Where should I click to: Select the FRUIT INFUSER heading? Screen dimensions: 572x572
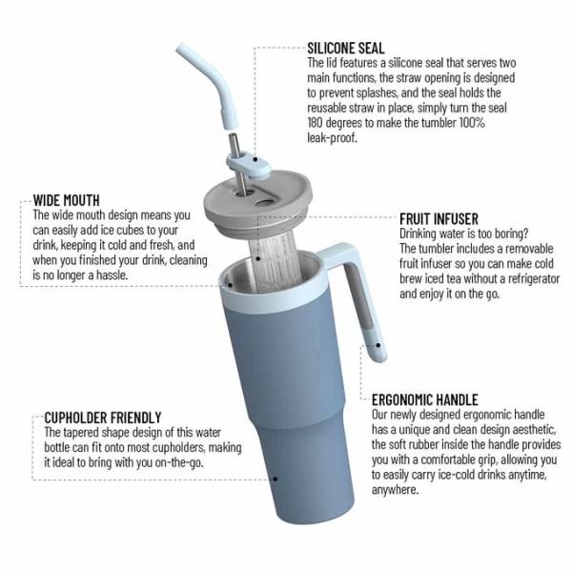439,217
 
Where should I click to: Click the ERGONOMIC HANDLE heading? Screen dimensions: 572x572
424,399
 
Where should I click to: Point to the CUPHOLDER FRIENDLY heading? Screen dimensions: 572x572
103,418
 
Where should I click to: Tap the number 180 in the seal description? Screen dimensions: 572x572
317,123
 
